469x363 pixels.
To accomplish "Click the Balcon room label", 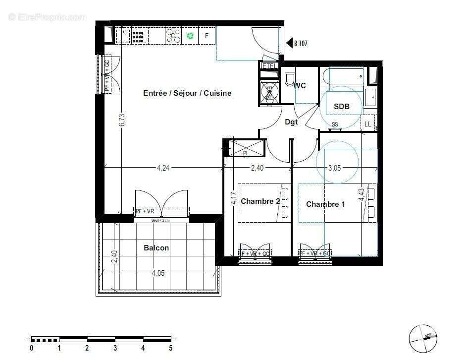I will (156, 248).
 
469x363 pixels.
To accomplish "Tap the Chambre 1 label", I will (325, 204).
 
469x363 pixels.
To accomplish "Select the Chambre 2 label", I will (261, 201).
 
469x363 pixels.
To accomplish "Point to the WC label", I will (300, 86).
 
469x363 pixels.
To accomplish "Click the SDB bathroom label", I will (341, 107).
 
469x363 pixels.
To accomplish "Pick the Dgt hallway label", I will (291, 122).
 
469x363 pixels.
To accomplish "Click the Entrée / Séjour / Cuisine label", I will (187, 93).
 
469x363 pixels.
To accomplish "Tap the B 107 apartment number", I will (301, 44).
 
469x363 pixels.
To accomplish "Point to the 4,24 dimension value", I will (163, 168).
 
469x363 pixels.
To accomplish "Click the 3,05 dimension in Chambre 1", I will (334, 168).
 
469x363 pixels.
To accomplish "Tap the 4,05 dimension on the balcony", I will (158, 273).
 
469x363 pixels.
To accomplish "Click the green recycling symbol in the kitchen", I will (190, 36).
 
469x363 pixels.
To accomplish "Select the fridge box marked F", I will (207, 36).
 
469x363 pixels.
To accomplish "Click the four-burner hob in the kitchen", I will (173, 36).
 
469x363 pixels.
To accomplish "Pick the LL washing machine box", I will (368, 124).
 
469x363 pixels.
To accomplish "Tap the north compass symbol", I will (423, 339).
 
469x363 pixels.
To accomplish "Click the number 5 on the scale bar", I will (171, 348).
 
